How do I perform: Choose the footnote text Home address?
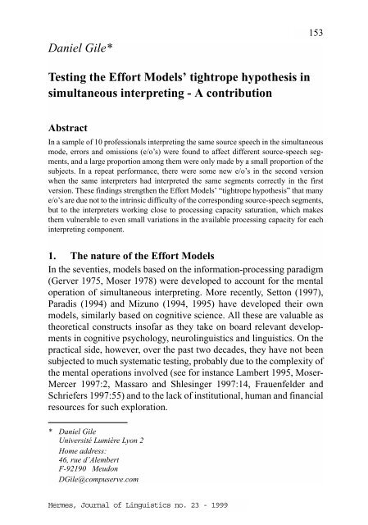tap(67, 472)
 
